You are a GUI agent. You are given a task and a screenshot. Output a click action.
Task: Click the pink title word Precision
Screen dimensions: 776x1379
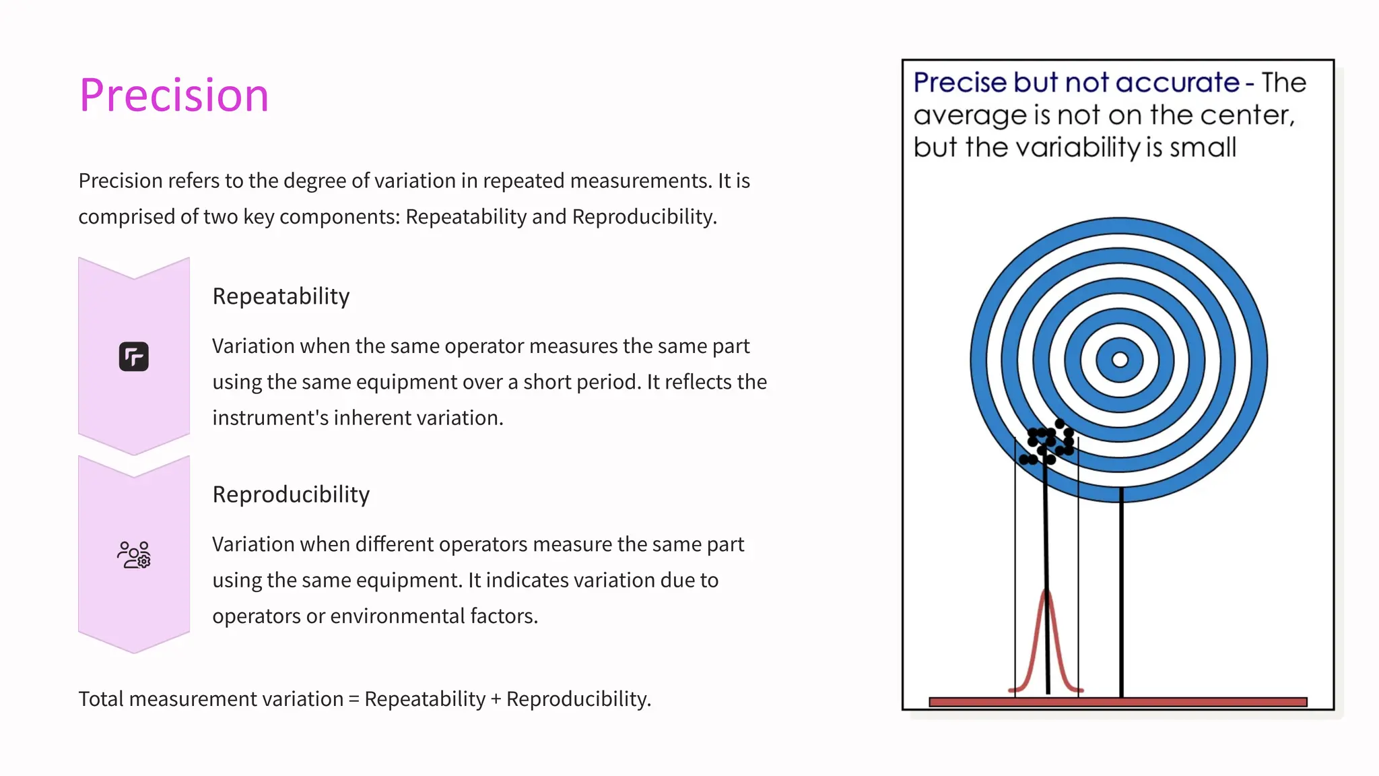click(174, 95)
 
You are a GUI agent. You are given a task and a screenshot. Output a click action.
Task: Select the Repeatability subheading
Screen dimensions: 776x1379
click(281, 296)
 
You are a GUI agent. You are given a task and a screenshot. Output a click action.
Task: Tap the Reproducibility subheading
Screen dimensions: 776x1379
click(291, 494)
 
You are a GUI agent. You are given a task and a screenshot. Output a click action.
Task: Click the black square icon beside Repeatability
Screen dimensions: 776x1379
click(134, 356)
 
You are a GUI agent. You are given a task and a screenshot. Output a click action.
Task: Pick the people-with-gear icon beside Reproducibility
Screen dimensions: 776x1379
click(134, 555)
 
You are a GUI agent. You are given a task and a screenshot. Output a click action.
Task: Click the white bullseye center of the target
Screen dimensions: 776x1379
click(1120, 360)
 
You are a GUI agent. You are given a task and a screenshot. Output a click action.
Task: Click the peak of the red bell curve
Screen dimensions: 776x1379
click(1046, 593)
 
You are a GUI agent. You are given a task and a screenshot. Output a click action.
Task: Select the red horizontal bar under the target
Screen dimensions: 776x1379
click(1118, 702)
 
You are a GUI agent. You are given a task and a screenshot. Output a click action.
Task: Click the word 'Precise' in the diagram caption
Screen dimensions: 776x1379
click(961, 83)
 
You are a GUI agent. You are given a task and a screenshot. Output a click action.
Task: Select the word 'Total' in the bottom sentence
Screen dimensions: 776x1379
click(101, 699)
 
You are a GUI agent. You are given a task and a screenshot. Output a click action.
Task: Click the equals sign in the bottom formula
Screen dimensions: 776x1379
click(354, 700)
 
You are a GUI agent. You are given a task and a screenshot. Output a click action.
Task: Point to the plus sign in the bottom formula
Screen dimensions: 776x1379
click(496, 700)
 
